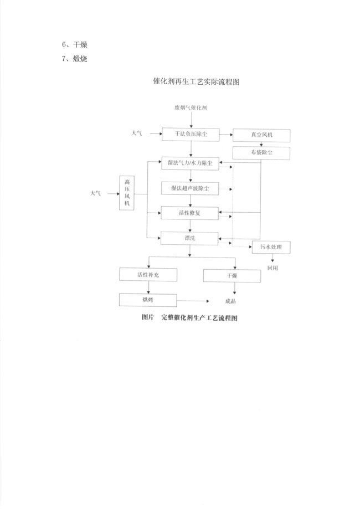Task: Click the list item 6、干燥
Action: click(x=75, y=44)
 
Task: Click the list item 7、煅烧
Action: click(x=75, y=59)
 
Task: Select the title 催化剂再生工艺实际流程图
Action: click(x=196, y=81)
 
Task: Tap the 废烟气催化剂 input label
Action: click(x=191, y=108)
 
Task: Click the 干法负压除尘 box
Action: click(x=191, y=135)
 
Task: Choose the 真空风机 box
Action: click(x=261, y=135)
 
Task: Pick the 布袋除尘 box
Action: click(x=261, y=153)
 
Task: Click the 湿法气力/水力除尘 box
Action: click(x=190, y=163)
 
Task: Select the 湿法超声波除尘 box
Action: click(x=190, y=188)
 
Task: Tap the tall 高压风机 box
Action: click(x=127, y=193)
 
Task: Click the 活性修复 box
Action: click(x=189, y=213)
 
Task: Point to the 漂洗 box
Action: click(x=189, y=238)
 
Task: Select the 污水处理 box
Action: click(x=271, y=248)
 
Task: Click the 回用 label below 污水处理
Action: click(x=272, y=268)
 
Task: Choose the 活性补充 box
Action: click(x=148, y=275)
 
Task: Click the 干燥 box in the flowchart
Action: click(x=232, y=276)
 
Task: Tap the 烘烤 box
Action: click(x=148, y=300)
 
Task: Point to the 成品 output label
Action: click(x=230, y=301)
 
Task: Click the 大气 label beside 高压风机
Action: click(x=96, y=193)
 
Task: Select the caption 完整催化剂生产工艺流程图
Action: click(x=199, y=318)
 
